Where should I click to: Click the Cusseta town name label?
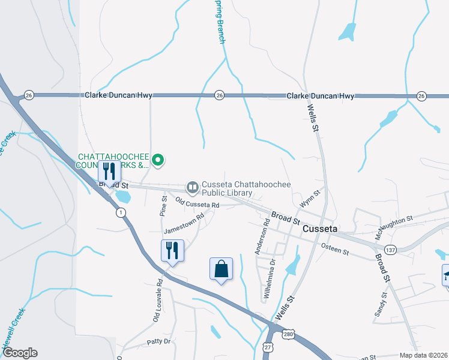point(321,230)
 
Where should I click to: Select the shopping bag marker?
point(221,269)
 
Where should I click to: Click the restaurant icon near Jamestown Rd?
point(172,250)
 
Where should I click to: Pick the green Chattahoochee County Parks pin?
point(158,160)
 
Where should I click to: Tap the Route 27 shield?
point(267,347)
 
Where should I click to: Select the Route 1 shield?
point(121,212)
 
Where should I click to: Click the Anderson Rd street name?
point(262,236)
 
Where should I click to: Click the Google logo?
point(19,353)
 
